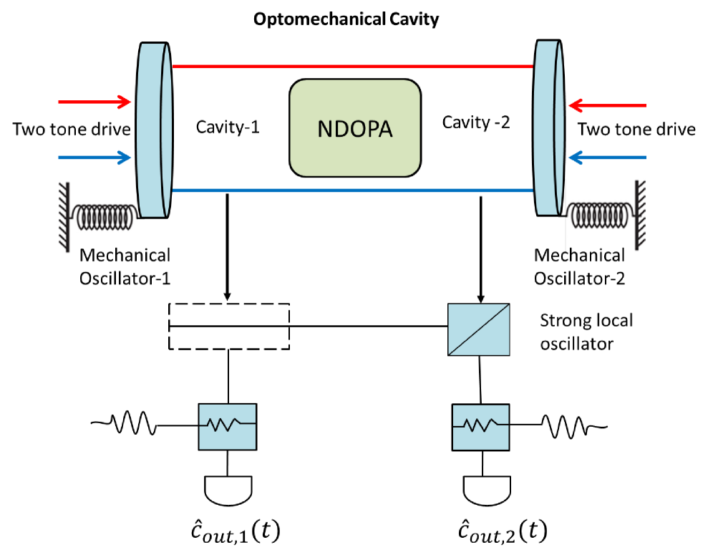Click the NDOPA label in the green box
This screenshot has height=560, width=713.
354,129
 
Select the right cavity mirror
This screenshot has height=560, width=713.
548,127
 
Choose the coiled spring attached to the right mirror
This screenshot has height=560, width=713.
600,215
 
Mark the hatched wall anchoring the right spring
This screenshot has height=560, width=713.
641,214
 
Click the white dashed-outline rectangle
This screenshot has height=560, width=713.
229,327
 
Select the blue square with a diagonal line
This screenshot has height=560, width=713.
479,329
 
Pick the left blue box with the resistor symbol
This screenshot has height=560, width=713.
227,427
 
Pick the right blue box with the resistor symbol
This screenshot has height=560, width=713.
480,428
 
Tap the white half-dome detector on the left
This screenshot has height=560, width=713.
228,490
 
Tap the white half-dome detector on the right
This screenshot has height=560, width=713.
487,490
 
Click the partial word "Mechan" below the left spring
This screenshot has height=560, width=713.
112,251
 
